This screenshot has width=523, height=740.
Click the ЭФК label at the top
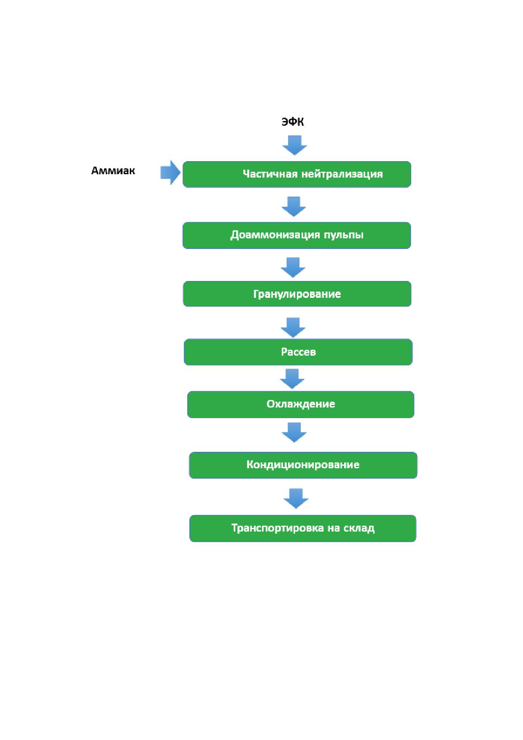click(293, 122)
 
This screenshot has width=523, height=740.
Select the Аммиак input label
click(113, 171)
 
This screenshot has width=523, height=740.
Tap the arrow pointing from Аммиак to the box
click(171, 172)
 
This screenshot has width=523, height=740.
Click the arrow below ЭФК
click(294, 145)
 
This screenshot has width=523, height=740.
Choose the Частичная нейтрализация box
click(297, 174)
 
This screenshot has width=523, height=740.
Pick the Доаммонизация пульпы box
click(297, 235)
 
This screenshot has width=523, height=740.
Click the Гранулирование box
click(297, 294)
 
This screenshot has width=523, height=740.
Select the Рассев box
click(298, 352)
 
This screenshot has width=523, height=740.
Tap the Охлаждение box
click(301, 405)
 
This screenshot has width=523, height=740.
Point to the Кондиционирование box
click(303, 465)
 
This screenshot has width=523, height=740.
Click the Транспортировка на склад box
click(303, 528)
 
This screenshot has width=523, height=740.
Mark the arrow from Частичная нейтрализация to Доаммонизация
click(294, 207)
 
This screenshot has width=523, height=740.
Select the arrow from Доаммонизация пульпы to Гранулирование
click(293, 267)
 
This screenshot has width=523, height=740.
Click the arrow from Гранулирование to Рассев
click(293, 327)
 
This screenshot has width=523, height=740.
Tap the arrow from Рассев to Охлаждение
click(292, 379)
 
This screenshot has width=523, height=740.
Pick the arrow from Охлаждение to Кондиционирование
click(294, 432)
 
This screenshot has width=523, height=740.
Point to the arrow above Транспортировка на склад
click(296, 499)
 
